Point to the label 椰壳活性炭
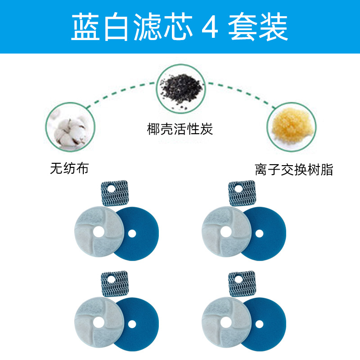coord(180,130)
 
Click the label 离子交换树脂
coord(293,170)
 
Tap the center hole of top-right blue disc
coord(259,234)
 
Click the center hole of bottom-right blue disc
coord(259,324)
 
